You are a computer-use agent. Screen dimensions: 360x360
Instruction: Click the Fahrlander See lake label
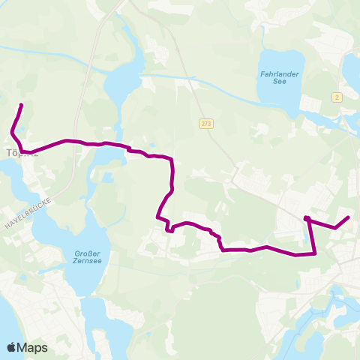coord(280,79)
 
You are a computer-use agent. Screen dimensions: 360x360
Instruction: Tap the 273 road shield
coord(206,123)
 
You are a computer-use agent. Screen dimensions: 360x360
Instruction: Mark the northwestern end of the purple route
coord(21,105)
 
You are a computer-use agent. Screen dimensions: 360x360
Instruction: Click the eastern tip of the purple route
coord(349,217)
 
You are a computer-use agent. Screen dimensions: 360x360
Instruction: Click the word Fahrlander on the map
coord(280,75)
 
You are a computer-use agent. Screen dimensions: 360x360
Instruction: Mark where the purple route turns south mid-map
coord(173,160)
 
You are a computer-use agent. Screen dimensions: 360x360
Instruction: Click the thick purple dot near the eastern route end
coord(307,219)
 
